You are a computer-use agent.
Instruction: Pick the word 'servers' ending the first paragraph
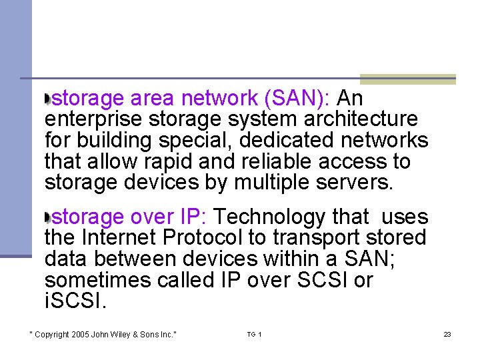point(359,183)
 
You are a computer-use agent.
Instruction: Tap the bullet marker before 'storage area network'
point(47,99)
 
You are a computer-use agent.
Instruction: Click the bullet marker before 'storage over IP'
point(47,217)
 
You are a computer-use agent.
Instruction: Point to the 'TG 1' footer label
point(254,334)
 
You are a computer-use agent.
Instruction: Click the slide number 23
point(447,334)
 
